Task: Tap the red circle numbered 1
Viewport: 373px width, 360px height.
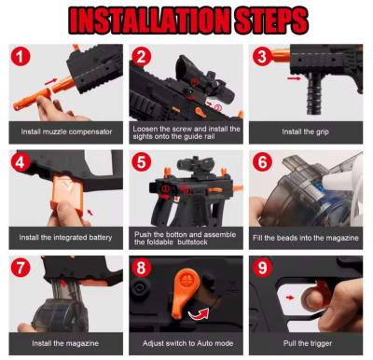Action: (21, 57)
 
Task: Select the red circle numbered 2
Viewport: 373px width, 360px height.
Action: (142, 57)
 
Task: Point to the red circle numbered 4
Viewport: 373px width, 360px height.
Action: (21, 162)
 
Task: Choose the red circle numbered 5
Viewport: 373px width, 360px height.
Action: (142, 162)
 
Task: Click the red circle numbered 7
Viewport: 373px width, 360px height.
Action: (21, 268)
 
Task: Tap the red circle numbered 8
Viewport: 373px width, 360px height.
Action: (142, 268)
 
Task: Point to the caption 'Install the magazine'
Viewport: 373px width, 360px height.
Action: (65, 344)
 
